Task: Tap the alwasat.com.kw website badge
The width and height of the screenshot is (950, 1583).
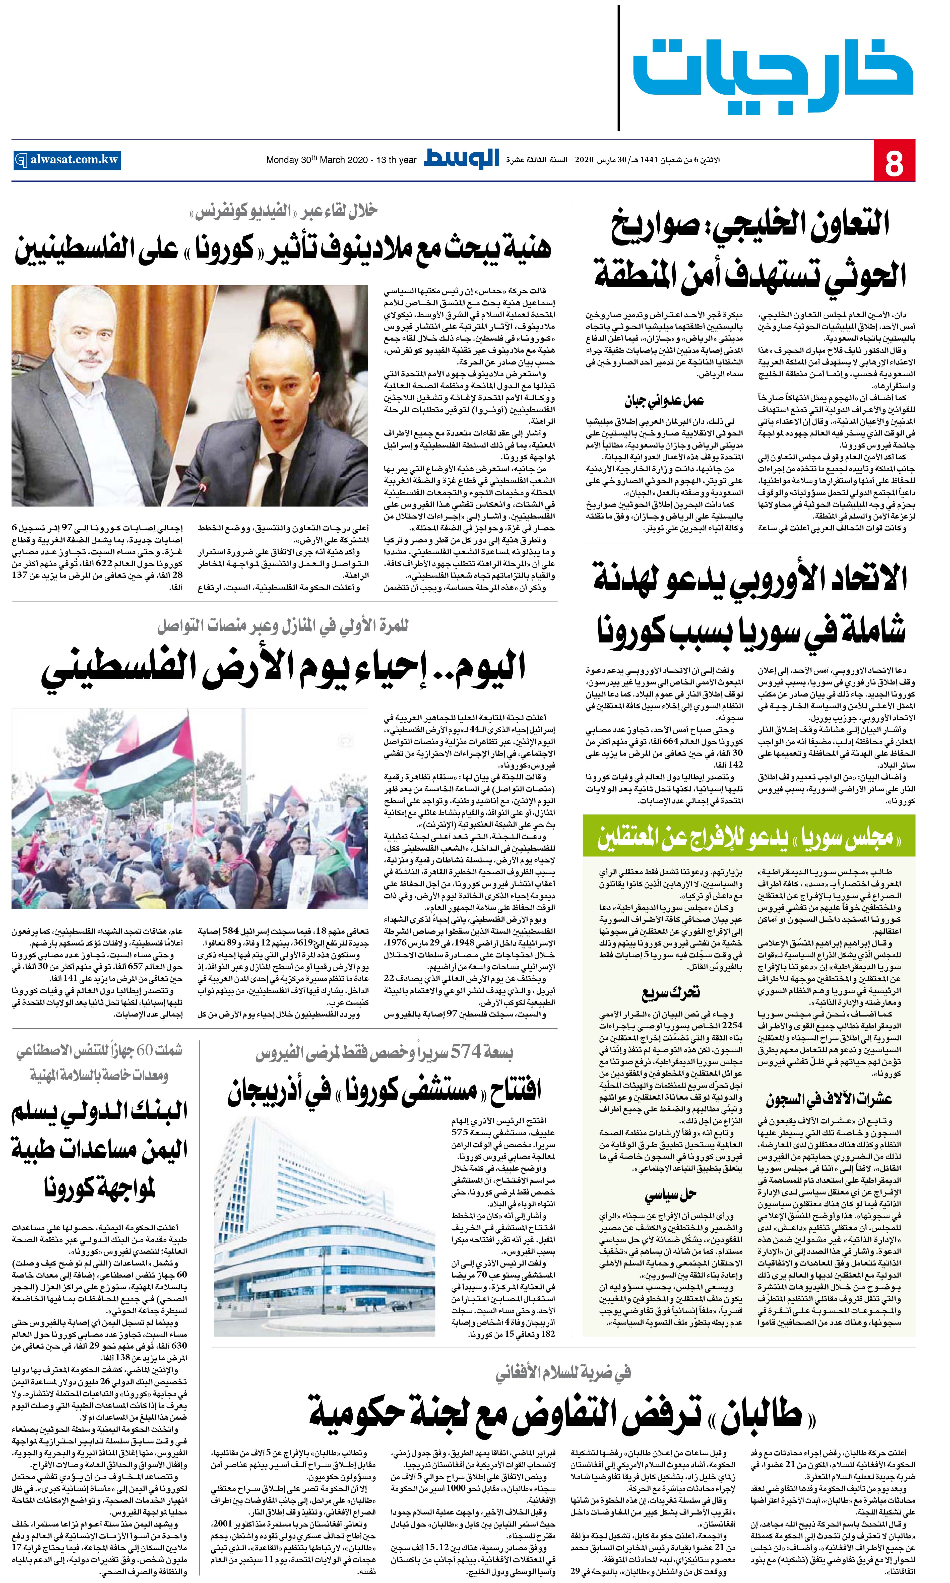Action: tap(67, 160)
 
